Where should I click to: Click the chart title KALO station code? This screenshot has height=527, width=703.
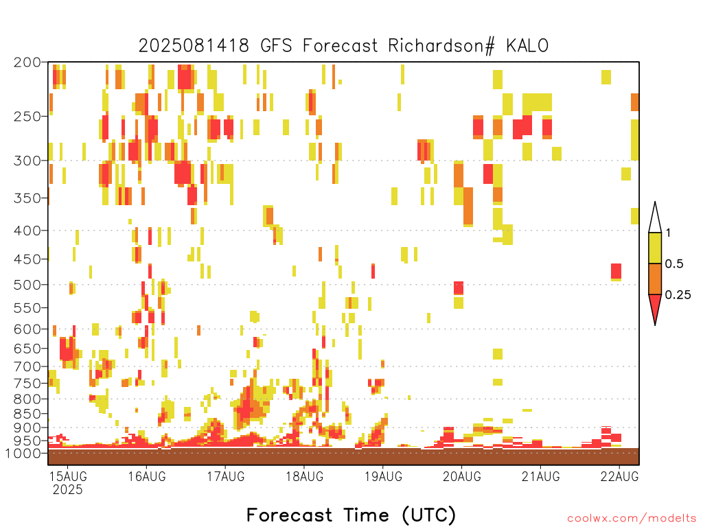coord(527,46)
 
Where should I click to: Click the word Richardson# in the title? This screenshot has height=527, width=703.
coord(441,46)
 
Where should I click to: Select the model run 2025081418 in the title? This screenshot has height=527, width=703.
coord(193,46)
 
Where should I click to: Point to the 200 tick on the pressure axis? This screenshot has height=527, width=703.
coord(27,62)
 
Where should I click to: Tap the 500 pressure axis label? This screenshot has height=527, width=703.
coord(27,285)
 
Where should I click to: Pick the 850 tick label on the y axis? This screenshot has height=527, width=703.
coord(27,414)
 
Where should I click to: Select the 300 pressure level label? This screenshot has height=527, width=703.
coord(27,161)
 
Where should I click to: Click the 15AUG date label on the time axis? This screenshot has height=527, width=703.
coord(68,476)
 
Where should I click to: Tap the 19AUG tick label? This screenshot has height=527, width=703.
coord(383,476)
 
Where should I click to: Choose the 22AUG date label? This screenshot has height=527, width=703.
coord(620,476)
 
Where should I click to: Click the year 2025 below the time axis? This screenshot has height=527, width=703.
coord(68,489)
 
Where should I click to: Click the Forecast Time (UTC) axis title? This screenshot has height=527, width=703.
coord(351,515)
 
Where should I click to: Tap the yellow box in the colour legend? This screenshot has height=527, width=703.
coord(655,248)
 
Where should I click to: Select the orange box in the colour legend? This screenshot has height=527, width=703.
coord(655,279)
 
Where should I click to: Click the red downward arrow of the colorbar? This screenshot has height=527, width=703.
coord(655,308)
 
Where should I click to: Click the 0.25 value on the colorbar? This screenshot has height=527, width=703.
coord(678,295)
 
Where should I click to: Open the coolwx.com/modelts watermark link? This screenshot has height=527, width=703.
coord(632,519)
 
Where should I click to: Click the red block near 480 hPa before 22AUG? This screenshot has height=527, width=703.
coord(616,272)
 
